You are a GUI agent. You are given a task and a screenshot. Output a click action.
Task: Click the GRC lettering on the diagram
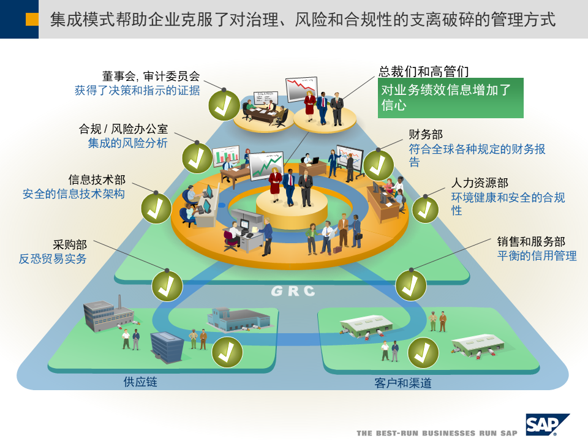[293, 291]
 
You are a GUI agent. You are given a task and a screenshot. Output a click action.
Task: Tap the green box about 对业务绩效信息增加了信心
[450, 97]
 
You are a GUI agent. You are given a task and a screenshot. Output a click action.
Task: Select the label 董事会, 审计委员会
[151, 77]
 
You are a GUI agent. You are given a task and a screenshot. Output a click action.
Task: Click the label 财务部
[426, 135]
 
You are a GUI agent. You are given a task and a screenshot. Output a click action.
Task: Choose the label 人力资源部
[480, 183]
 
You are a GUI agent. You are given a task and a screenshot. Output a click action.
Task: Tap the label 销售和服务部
[531, 242]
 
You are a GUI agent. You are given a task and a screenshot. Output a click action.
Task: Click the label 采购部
[70, 244]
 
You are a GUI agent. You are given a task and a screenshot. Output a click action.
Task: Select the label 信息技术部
[97, 179]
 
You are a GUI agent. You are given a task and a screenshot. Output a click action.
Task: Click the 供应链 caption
[140, 382]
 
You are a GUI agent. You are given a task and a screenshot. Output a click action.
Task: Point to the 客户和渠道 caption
[403, 383]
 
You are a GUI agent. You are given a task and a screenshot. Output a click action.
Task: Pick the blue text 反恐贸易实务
[53, 258]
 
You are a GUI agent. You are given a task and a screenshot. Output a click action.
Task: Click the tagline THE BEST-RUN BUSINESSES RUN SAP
[437, 433]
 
